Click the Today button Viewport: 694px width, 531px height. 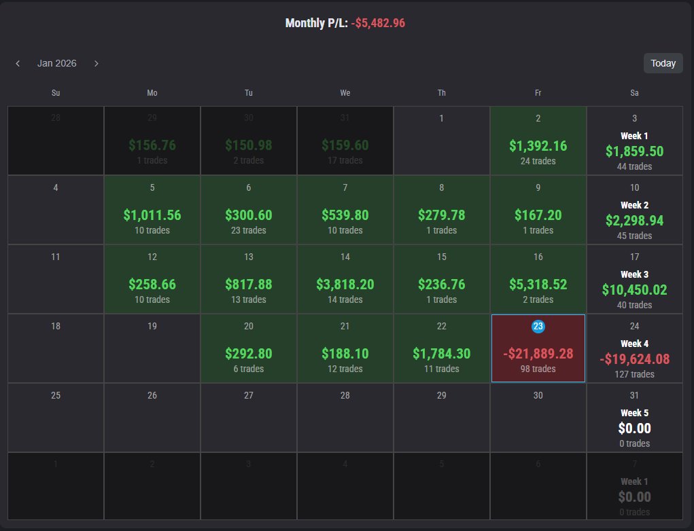pyautogui.click(x=663, y=63)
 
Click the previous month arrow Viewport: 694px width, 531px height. pyautogui.click(x=18, y=63)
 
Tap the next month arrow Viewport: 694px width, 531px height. pyautogui.click(x=97, y=63)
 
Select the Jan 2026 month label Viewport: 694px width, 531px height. pyautogui.click(x=57, y=63)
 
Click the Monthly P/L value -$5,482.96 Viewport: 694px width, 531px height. pyautogui.click(x=378, y=23)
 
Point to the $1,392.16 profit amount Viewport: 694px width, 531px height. pyautogui.click(x=538, y=146)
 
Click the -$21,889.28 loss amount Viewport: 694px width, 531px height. pyautogui.click(x=538, y=354)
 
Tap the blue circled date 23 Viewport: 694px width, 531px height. pyautogui.click(x=538, y=327)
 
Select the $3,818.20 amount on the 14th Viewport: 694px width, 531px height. pyautogui.click(x=345, y=285)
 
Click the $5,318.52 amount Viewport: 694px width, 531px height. pyautogui.click(x=538, y=285)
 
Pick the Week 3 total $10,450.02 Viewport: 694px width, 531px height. pyautogui.click(x=634, y=290)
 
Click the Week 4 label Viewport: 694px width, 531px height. pyautogui.click(x=634, y=344)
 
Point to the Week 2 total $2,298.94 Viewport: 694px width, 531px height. pyautogui.click(x=634, y=221)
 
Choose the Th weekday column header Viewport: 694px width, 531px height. pyautogui.click(x=442, y=93)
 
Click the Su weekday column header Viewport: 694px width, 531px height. pyautogui.click(x=56, y=93)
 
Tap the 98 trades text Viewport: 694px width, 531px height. pyautogui.click(x=538, y=369)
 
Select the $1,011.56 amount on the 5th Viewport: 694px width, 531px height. pyautogui.click(x=152, y=215)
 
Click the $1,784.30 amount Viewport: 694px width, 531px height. pyautogui.click(x=441, y=354)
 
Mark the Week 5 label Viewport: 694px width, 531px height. pyautogui.click(x=634, y=413)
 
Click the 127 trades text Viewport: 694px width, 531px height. pyautogui.click(x=634, y=374)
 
